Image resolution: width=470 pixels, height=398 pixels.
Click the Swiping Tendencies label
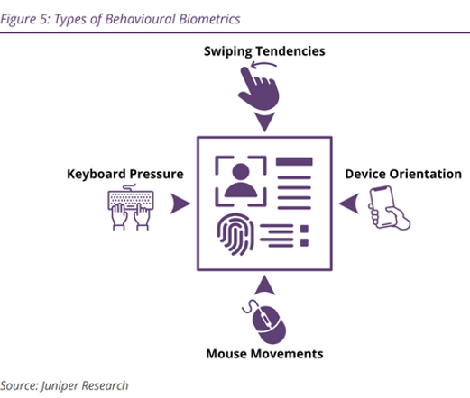coord(264,51)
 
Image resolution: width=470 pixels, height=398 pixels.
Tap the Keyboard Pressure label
coord(125,174)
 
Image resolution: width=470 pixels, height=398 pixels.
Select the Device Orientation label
coord(403,174)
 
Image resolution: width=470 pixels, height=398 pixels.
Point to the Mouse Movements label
coord(264,354)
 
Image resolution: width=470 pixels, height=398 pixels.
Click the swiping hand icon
coord(259,88)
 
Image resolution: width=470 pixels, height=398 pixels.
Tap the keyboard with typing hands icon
coord(131,207)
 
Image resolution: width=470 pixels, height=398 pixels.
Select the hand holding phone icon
coord(389,208)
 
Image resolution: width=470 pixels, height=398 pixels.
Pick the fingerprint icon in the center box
coord(235,234)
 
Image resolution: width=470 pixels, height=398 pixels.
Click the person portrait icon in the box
coord(241,181)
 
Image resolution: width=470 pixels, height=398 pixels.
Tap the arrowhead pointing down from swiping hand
coord(264,122)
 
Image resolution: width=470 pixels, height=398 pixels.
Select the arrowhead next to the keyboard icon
coord(180,204)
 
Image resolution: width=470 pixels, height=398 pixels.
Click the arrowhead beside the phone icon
coord(349,204)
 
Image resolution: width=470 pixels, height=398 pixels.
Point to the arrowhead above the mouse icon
coord(264,285)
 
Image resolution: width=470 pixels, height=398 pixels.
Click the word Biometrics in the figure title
coord(209,19)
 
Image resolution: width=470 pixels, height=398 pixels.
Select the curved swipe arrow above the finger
coord(263,64)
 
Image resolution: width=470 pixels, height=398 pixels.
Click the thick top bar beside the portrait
coord(294,161)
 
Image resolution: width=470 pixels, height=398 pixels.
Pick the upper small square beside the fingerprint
coord(304,229)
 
